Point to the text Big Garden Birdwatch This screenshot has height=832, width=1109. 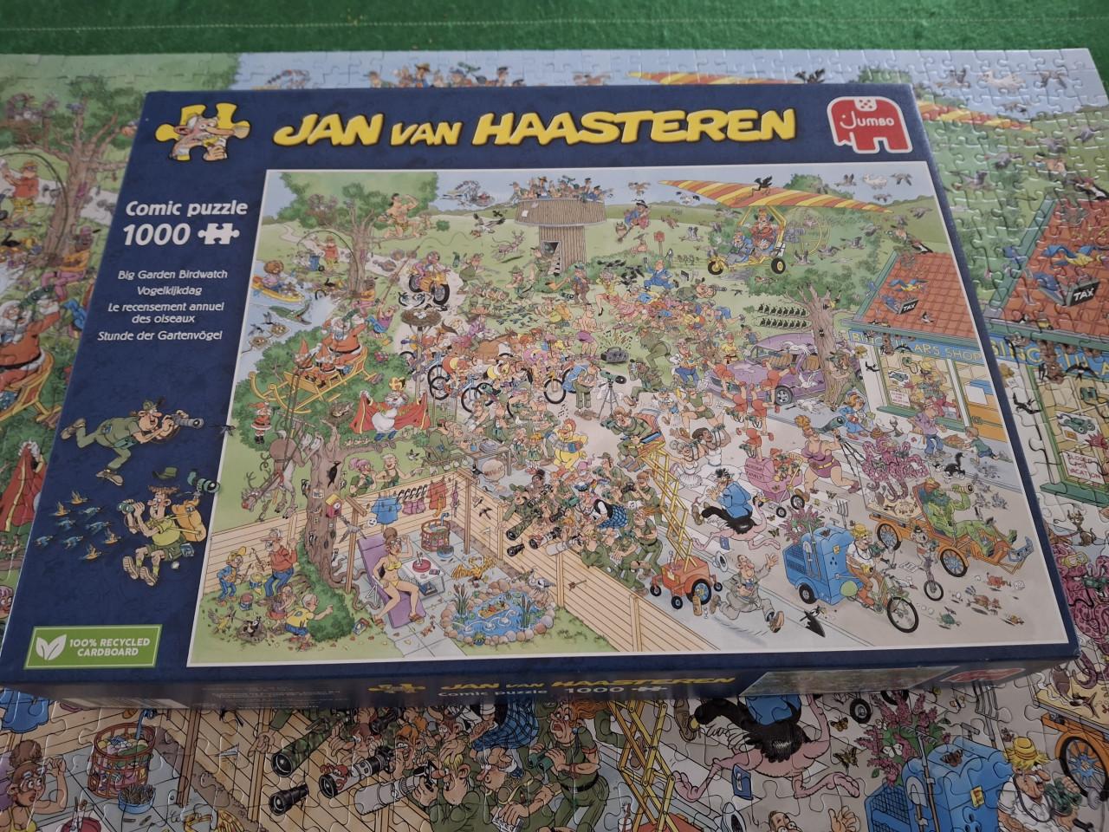click(172, 274)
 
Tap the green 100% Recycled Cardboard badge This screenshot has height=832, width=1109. click(92, 646)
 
